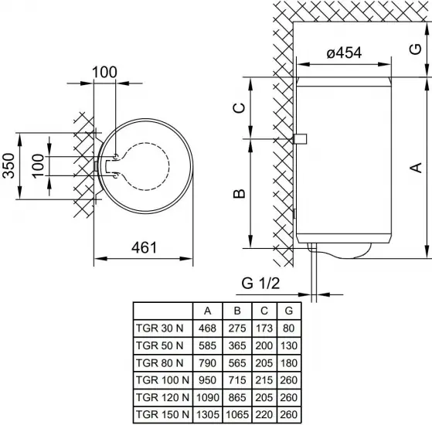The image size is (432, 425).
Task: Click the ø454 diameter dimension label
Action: pos(344,53)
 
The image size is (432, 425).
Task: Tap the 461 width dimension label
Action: pos(144,247)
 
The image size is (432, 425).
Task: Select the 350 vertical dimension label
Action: pos(9,166)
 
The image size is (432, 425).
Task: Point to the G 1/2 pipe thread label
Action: pos(260,283)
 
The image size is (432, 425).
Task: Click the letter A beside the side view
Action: pos(416,168)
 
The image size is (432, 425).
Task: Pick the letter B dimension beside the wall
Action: pos(239,193)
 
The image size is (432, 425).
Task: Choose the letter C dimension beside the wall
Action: pos(239,107)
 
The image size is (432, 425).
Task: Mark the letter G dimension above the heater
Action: pos(416,49)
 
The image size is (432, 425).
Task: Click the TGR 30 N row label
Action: pos(159,328)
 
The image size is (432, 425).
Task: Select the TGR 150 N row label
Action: pos(162,414)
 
